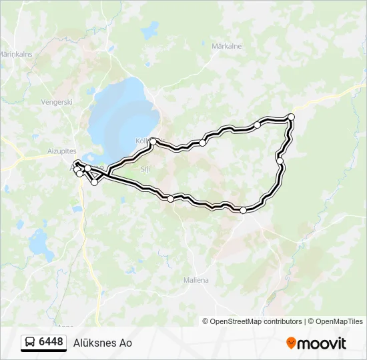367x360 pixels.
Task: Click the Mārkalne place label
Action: [x=226, y=47]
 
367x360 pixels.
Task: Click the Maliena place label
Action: [x=196, y=280]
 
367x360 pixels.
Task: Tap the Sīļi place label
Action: [x=145, y=169]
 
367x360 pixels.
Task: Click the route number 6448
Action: [x=51, y=342]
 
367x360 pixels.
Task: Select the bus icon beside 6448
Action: [x=30, y=343]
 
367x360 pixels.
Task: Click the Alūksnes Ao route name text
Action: [x=103, y=343]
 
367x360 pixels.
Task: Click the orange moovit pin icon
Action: [x=292, y=343]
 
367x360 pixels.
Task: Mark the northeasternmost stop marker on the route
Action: [x=291, y=117]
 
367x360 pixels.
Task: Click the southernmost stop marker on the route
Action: [x=243, y=210]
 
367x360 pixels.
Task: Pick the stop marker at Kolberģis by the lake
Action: [x=153, y=141]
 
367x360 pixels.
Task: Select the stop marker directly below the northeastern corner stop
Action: [x=280, y=161]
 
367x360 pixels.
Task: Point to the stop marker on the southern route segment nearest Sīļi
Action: [x=170, y=199]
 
